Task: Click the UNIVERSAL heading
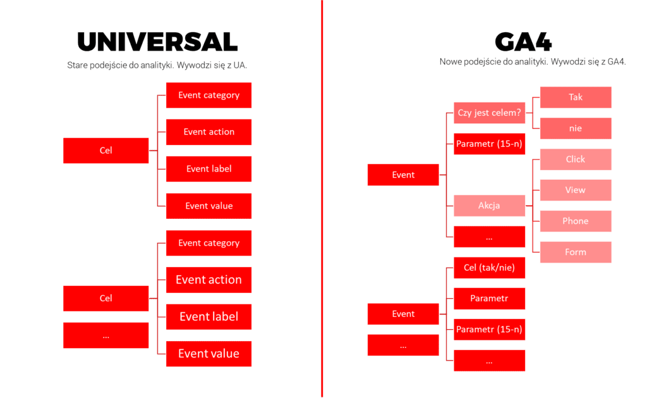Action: point(157,42)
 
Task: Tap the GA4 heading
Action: point(523,42)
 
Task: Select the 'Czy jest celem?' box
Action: point(490,113)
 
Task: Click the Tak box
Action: point(576,97)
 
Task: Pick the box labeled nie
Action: point(576,128)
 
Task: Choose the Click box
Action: point(576,159)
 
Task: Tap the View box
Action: point(576,190)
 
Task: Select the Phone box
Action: point(576,221)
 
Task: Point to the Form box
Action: point(576,252)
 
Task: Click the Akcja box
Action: point(490,206)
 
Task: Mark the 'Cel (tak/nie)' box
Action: point(490,268)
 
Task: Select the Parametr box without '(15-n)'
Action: point(490,299)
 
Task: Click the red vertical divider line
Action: point(322,199)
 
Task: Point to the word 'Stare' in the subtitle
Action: point(77,65)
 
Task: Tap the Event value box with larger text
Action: point(209,354)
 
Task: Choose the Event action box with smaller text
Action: point(209,132)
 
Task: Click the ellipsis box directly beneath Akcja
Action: point(490,237)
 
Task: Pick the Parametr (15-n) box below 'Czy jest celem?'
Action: point(490,144)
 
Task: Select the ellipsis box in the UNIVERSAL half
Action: point(106,335)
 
